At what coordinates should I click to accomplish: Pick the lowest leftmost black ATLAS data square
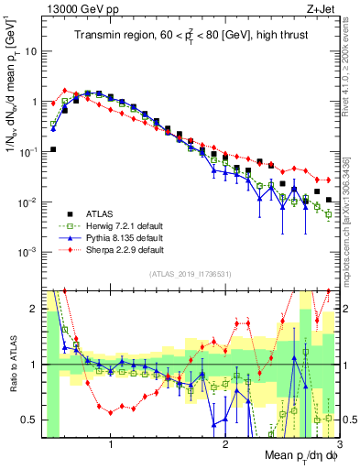[53, 149]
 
